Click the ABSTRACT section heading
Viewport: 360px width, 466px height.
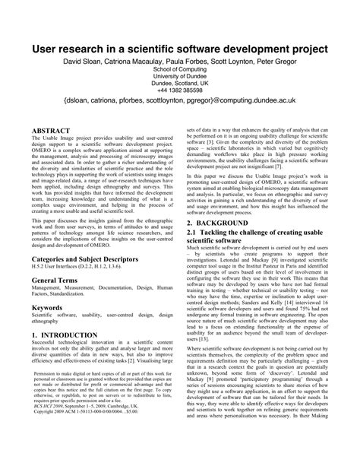tap(52, 132)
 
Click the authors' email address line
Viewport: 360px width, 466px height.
tap(180, 100)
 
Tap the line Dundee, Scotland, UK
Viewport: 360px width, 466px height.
tap(180, 82)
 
